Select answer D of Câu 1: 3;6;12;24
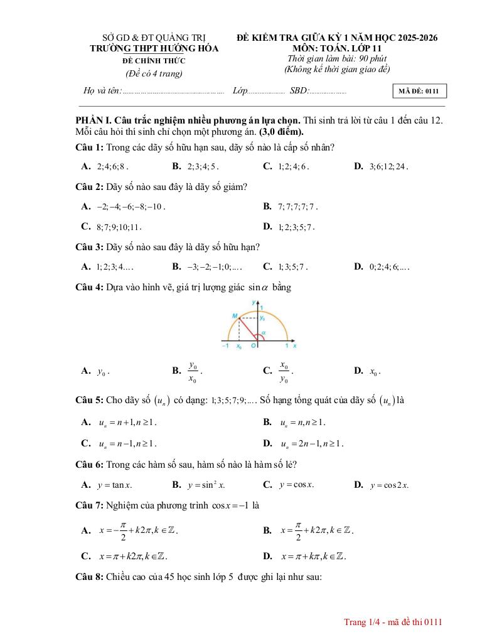pos(388,167)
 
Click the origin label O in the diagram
pos(254,345)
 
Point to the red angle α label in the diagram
pos(264,334)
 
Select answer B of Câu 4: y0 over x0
pos(192,371)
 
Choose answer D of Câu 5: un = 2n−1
pos(311,443)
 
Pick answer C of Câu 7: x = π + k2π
pos(132,556)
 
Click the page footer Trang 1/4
pos(393,622)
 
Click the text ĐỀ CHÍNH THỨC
pos(154,61)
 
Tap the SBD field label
pos(299,91)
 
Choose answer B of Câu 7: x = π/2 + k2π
pos(316,530)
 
